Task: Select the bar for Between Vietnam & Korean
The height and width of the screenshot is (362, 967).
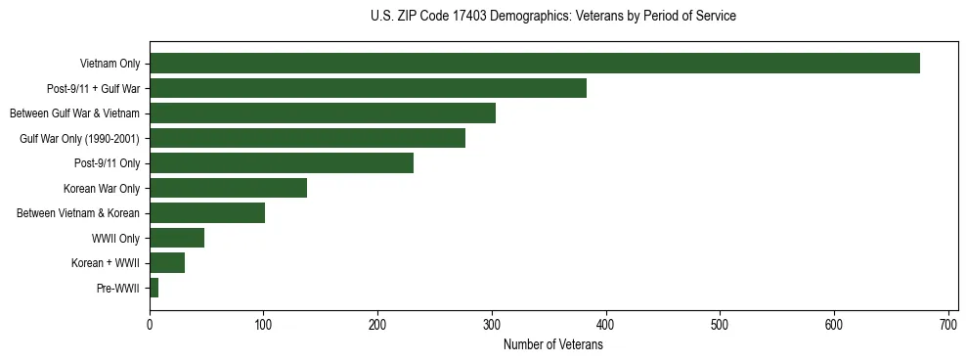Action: (207, 213)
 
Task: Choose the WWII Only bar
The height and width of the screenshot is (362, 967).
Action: (177, 238)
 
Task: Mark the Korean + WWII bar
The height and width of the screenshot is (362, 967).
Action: (167, 262)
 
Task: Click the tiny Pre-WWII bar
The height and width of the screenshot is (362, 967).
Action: (154, 288)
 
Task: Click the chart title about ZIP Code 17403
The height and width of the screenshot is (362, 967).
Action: (552, 17)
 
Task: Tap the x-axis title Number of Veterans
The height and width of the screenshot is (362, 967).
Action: (552, 345)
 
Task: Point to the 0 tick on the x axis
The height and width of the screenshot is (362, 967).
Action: (150, 324)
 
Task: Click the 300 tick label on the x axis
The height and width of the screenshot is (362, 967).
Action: (492, 324)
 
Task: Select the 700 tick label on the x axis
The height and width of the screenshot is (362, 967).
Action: (947, 324)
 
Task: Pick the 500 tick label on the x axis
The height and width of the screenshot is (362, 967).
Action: (720, 324)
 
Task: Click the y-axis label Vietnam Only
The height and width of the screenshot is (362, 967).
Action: (110, 65)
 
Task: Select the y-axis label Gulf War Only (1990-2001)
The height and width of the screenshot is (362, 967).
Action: (79, 139)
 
